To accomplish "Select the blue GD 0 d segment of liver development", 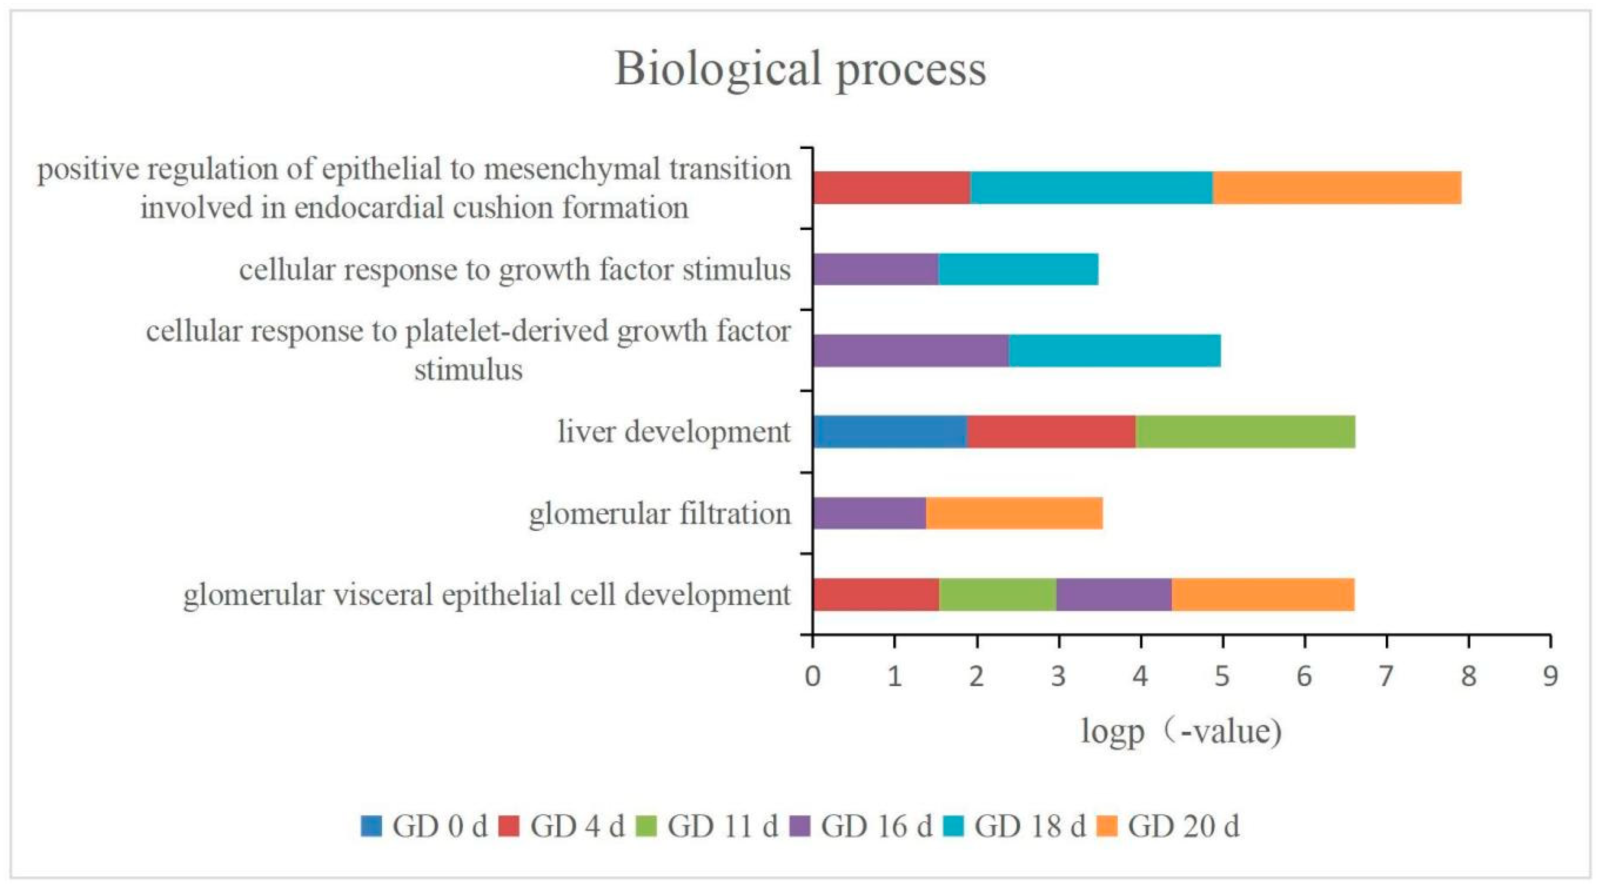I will [x=890, y=432].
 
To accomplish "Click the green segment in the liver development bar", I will [x=1245, y=432].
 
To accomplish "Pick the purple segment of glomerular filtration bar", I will [x=869, y=513].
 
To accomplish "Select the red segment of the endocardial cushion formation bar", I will [x=891, y=187].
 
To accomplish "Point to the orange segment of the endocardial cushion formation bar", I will [x=1337, y=187].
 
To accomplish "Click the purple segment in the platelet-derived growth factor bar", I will [x=910, y=351].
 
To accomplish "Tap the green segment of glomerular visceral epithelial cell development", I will [x=997, y=594].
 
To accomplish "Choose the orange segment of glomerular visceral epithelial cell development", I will [x=1262, y=594].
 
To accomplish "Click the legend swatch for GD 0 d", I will [x=371, y=826].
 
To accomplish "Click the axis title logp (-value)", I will [x=1181, y=732].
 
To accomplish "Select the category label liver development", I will [x=674, y=432].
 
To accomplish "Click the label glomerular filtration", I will [x=660, y=513].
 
